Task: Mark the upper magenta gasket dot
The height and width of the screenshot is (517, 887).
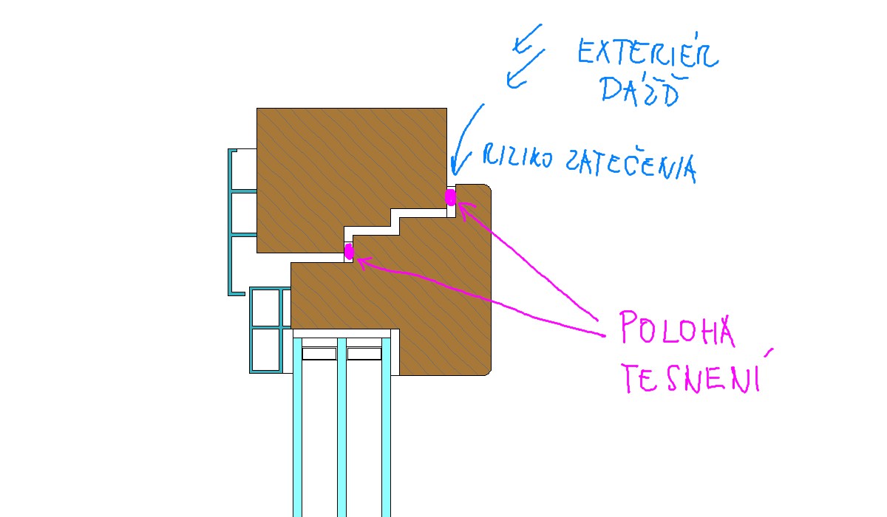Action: [x=450, y=197]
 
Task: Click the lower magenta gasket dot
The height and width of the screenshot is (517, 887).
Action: [x=350, y=252]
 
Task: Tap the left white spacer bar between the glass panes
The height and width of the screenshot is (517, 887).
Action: [x=319, y=354]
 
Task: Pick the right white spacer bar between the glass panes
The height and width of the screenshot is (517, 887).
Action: [x=364, y=354]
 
